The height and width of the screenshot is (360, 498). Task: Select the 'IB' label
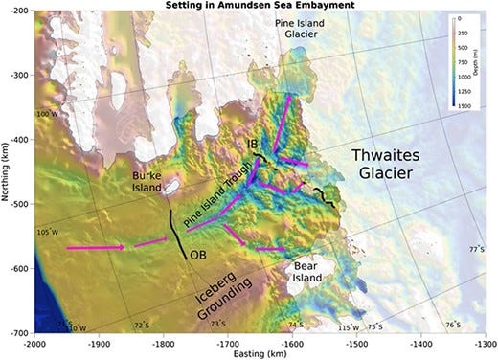253,145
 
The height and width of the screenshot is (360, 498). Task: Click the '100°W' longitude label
47,114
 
